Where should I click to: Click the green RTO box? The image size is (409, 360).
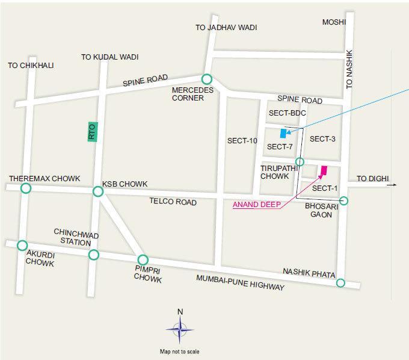click(92, 132)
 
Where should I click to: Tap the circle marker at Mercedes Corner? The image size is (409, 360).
click(206, 79)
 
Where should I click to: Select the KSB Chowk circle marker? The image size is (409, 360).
click(98, 191)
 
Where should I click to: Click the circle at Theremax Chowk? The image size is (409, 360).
click(26, 189)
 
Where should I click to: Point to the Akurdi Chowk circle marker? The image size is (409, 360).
click(22, 245)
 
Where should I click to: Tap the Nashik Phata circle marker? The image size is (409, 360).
click(340, 283)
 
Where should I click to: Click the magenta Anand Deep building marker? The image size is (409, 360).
click(324, 171)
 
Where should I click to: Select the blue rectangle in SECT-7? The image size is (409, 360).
click(283, 133)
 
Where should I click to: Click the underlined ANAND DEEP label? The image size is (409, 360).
click(256, 204)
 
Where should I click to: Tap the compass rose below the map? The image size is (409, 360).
click(180, 330)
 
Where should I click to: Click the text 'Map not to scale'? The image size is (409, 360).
click(179, 351)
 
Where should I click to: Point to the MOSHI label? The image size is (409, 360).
click(334, 22)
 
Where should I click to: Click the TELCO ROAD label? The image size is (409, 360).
click(173, 203)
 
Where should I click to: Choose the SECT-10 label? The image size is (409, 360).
click(242, 141)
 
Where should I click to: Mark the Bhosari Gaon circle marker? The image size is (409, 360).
click(344, 200)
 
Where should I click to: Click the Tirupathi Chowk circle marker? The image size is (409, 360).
click(300, 161)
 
